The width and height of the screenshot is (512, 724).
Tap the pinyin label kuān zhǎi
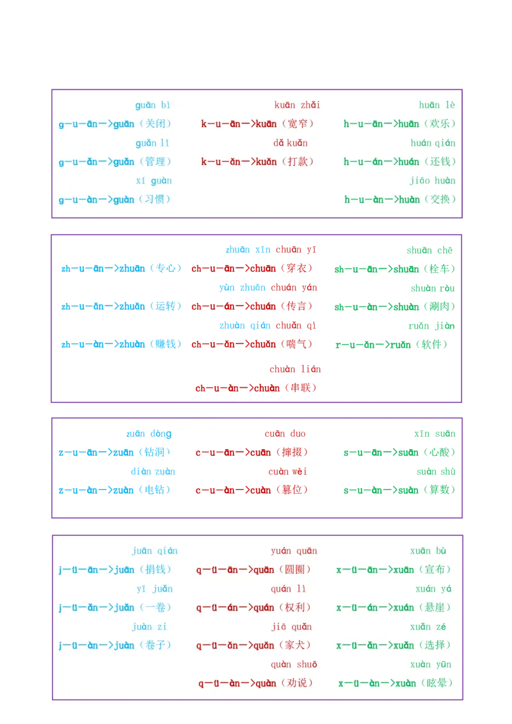[297, 105]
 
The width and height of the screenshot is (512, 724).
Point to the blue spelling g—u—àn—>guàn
[97, 200]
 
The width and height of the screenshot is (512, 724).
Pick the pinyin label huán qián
[433, 143]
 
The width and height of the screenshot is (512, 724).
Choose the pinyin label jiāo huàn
[433, 180]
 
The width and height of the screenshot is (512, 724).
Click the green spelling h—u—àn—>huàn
[382, 200]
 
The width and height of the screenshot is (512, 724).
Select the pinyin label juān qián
[155, 551]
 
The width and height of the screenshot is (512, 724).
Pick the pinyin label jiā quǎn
[291, 627]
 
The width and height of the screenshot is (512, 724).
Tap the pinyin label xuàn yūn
[431, 665]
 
